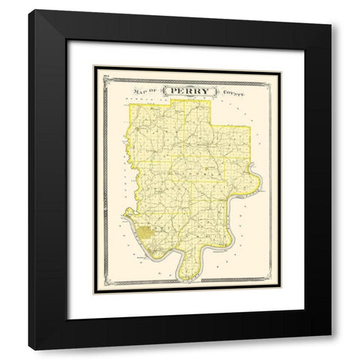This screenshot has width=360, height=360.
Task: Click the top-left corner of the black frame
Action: point(29,10)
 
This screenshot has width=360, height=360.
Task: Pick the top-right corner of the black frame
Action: point(331,10)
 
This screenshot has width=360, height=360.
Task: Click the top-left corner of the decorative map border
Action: point(95,68)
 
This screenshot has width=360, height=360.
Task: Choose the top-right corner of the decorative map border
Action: point(279,68)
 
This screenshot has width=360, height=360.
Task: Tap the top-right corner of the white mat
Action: point(304,40)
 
